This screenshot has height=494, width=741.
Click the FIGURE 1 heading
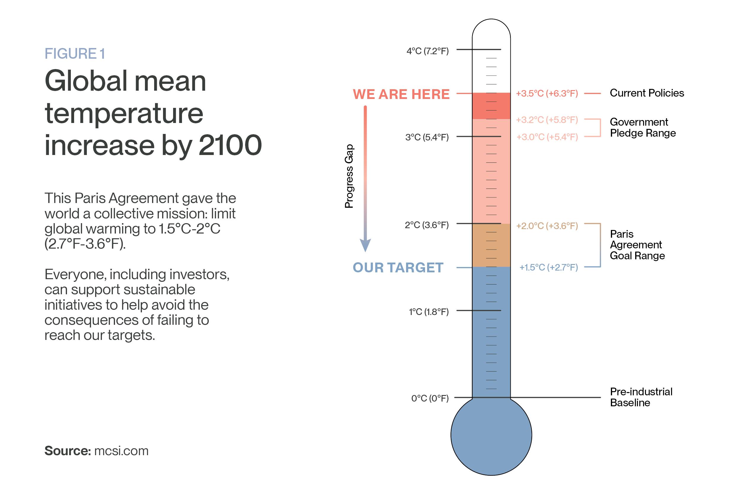(x=75, y=54)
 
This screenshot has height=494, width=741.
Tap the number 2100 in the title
(x=230, y=145)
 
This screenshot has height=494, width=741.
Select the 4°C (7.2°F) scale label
(x=427, y=51)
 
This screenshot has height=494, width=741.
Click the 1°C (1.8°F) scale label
(x=429, y=312)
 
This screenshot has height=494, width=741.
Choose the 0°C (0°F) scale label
(x=430, y=399)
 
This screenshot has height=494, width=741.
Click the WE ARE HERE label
(x=401, y=94)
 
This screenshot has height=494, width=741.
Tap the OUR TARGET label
(x=398, y=268)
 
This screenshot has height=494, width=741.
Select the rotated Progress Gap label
(x=349, y=176)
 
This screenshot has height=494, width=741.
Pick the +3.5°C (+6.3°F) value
(x=547, y=94)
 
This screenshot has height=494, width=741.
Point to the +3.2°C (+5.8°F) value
(x=547, y=120)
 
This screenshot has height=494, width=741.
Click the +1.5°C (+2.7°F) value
(x=549, y=268)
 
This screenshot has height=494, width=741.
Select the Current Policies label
(x=647, y=93)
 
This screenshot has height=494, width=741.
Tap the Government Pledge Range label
(x=643, y=127)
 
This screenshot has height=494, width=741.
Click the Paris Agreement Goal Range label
(x=637, y=245)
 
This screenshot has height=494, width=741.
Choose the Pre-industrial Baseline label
(x=641, y=397)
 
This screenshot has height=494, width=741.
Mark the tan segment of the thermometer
(x=491, y=245)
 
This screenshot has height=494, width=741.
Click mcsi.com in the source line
(x=121, y=451)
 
